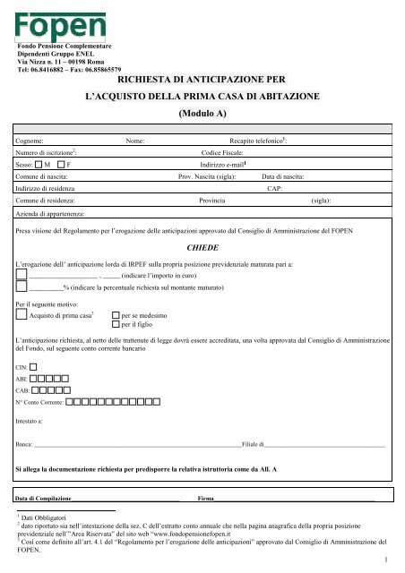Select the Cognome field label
[x=34, y=141]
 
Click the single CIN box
[x=33, y=391]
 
